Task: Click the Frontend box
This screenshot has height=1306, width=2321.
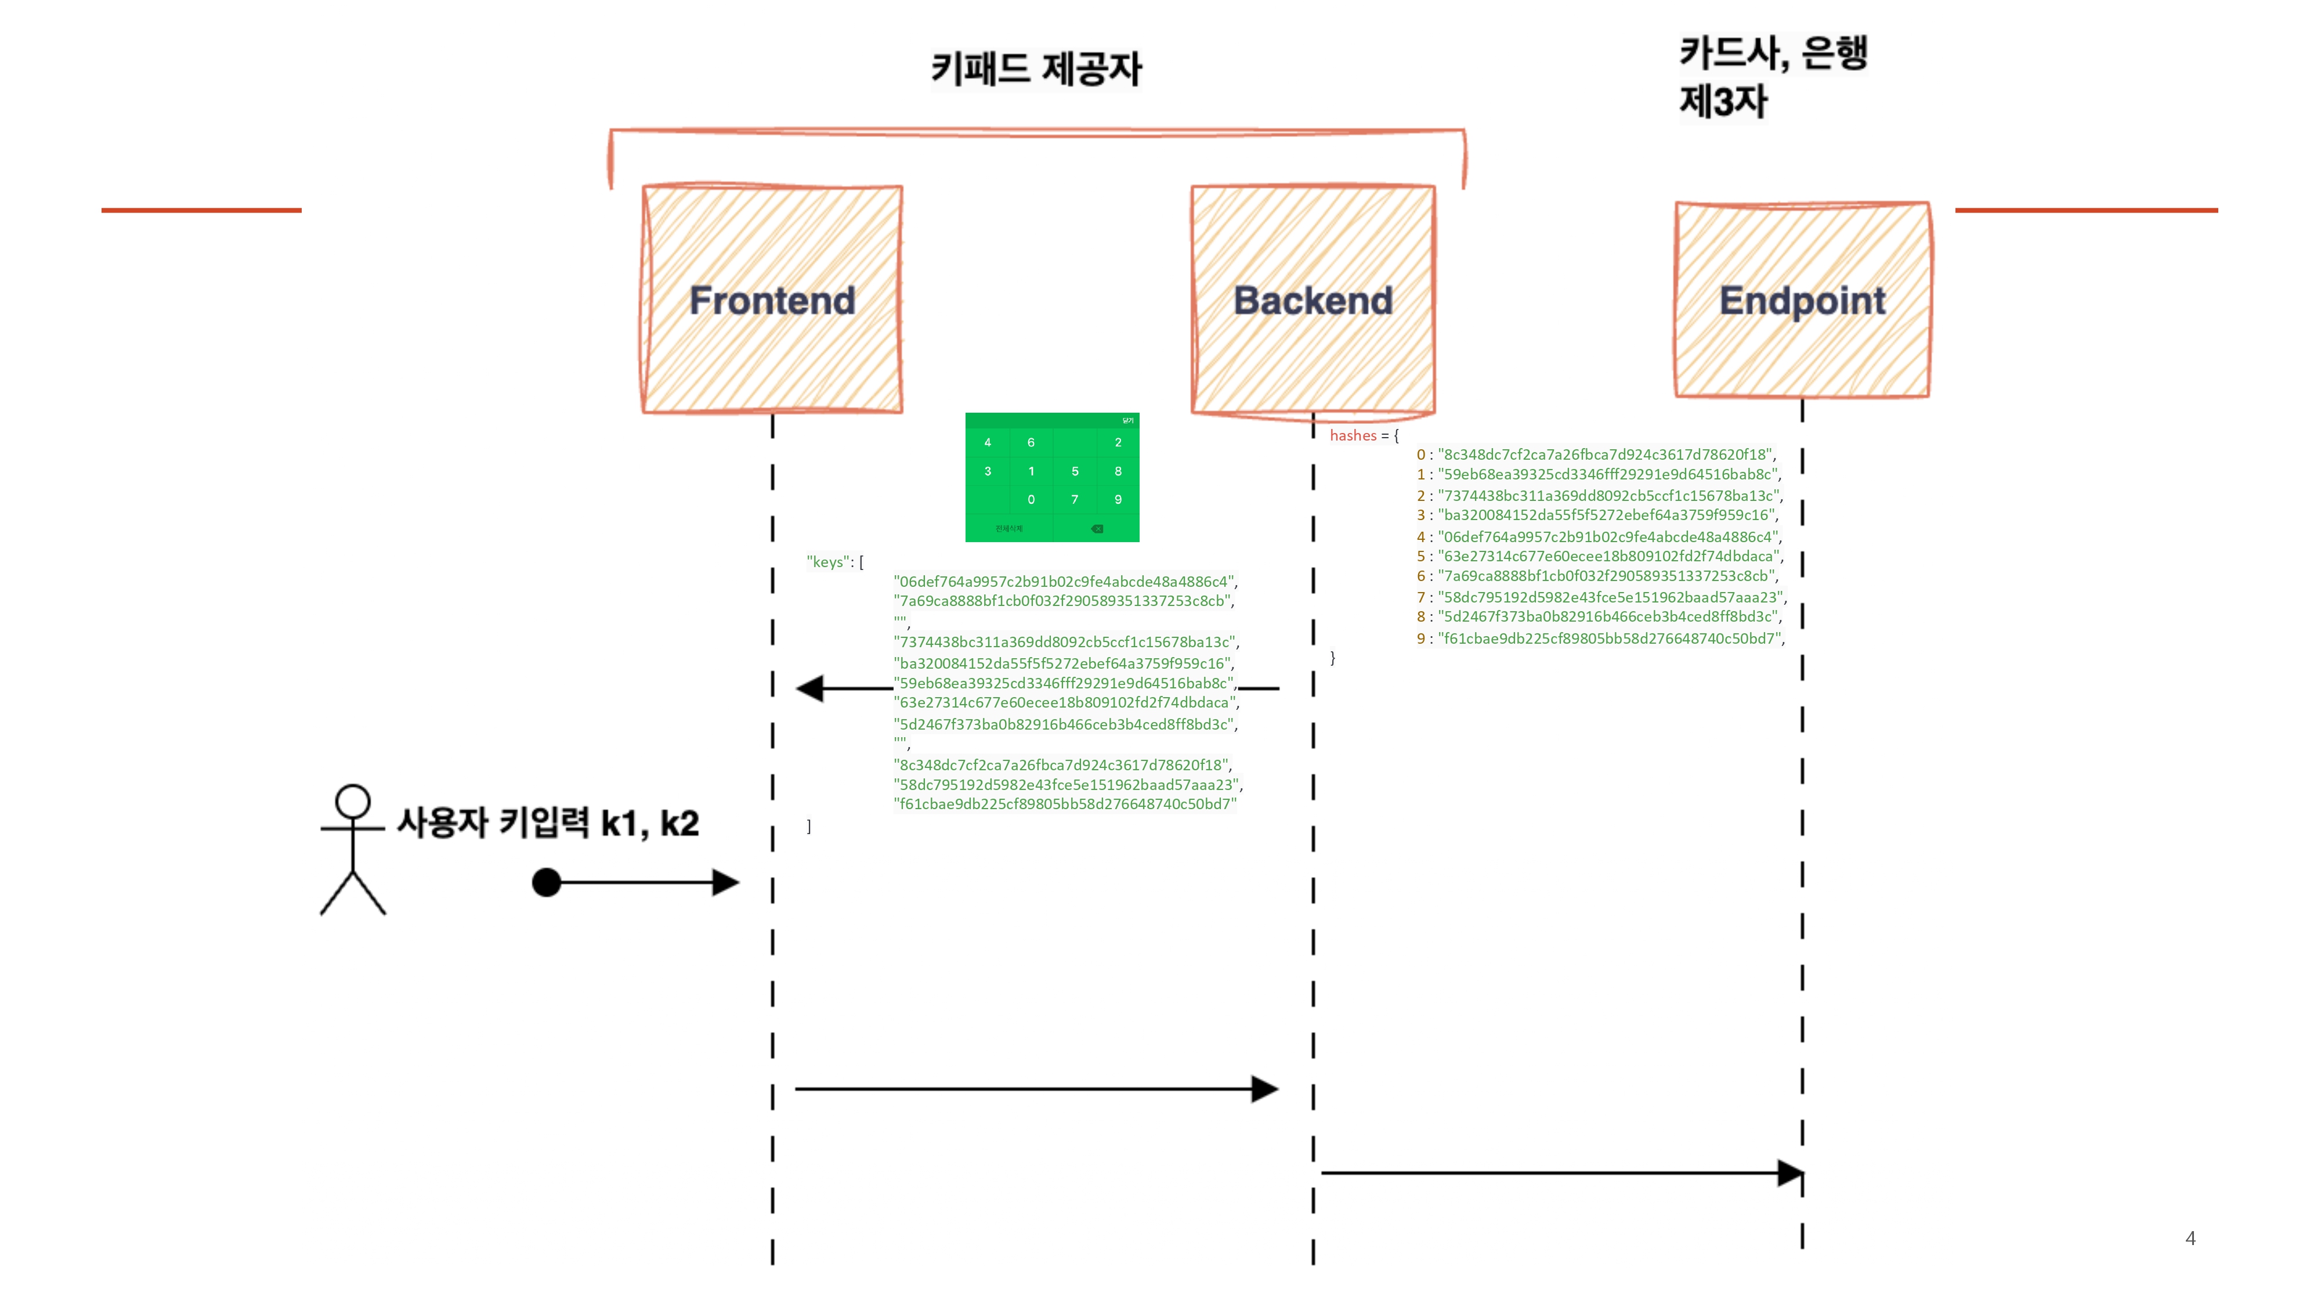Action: click(x=772, y=300)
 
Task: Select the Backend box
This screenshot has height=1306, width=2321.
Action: click(x=1313, y=300)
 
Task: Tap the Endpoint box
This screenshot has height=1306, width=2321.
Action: click(x=1802, y=300)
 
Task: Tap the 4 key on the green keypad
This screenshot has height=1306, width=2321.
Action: click(x=988, y=442)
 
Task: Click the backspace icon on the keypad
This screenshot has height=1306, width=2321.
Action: click(x=1097, y=528)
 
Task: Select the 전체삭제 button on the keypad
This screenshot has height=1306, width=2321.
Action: click(x=1009, y=528)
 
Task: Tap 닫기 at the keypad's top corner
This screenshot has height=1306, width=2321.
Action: click(x=1127, y=421)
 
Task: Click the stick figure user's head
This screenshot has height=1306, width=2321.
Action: click(x=352, y=800)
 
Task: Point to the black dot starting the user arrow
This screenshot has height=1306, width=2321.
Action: click(x=546, y=882)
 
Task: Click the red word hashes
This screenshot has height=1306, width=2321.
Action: click(x=1353, y=435)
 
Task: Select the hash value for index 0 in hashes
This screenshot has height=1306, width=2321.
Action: click(x=1605, y=454)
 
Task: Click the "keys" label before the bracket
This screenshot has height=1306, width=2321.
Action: click(x=827, y=561)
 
